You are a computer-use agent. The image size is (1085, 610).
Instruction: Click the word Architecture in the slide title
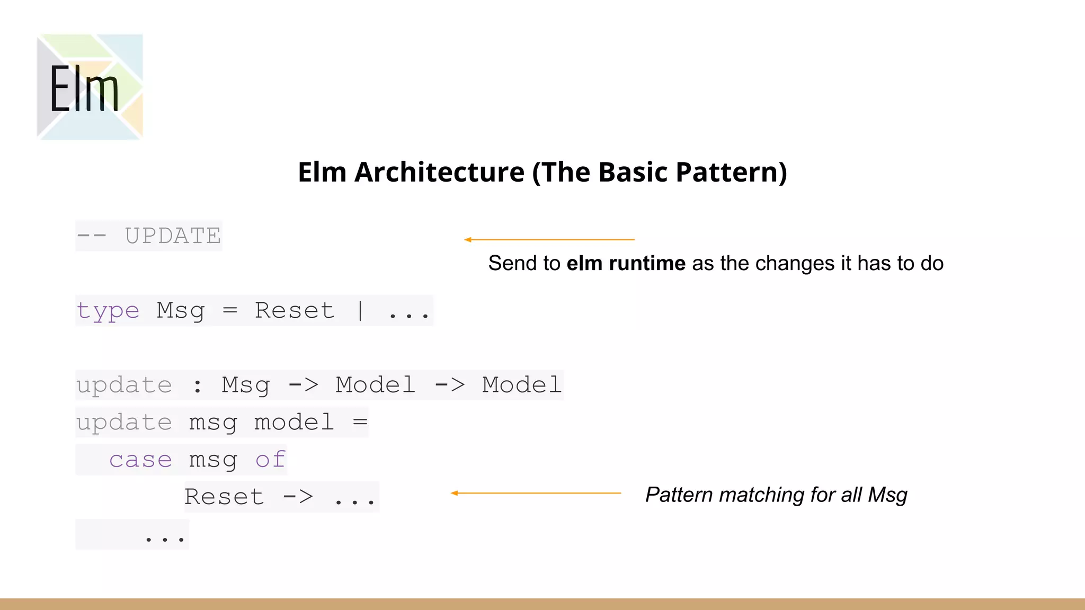pos(439,173)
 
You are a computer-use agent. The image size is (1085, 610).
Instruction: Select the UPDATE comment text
pos(173,236)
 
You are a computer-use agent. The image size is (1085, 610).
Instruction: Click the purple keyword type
pos(108,311)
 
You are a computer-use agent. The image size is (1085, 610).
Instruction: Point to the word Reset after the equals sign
pos(295,311)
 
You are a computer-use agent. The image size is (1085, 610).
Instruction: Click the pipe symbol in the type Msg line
pos(360,311)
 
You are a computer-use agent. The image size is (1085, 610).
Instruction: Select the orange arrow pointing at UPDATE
pos(549,240)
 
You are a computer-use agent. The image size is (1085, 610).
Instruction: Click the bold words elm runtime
pos(626,263)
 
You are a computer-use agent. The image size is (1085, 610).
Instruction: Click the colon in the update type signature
pos(198,385)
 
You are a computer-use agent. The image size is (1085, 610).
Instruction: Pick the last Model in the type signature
pos(521,385)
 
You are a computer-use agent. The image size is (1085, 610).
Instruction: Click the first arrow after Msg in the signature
pos(304,385)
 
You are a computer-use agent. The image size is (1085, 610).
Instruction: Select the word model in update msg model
pos(294,423)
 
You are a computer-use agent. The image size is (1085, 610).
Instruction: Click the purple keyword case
pos(140,460)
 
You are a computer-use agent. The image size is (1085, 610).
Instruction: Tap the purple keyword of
pos(271,460)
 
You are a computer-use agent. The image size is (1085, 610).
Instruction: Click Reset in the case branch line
pos(224,497)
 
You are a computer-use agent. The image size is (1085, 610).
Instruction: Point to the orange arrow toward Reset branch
pos(536,493)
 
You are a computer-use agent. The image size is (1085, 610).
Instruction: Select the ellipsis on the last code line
pos(164,539)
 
